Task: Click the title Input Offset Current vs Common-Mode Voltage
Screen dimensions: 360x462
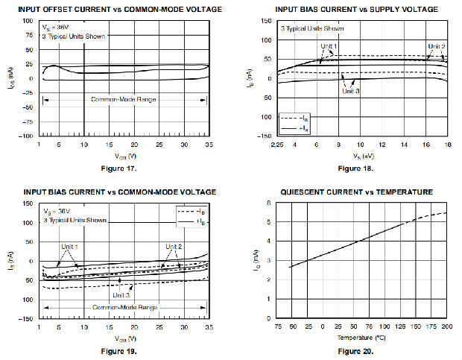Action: point(119,9)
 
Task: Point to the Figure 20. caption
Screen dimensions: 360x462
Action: point(358,350)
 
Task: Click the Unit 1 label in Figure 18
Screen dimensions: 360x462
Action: point(329,47)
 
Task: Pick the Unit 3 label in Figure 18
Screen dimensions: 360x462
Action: point(351,91)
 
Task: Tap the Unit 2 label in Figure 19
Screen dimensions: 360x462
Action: point(174,247)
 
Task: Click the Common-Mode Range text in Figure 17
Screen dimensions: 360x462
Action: point(124,98)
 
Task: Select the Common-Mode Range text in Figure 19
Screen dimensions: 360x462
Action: point(124,307)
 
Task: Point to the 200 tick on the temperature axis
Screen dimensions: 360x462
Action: point(446,326)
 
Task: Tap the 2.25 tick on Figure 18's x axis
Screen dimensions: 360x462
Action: point(279,143)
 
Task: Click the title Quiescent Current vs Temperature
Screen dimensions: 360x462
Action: point(356,192)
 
